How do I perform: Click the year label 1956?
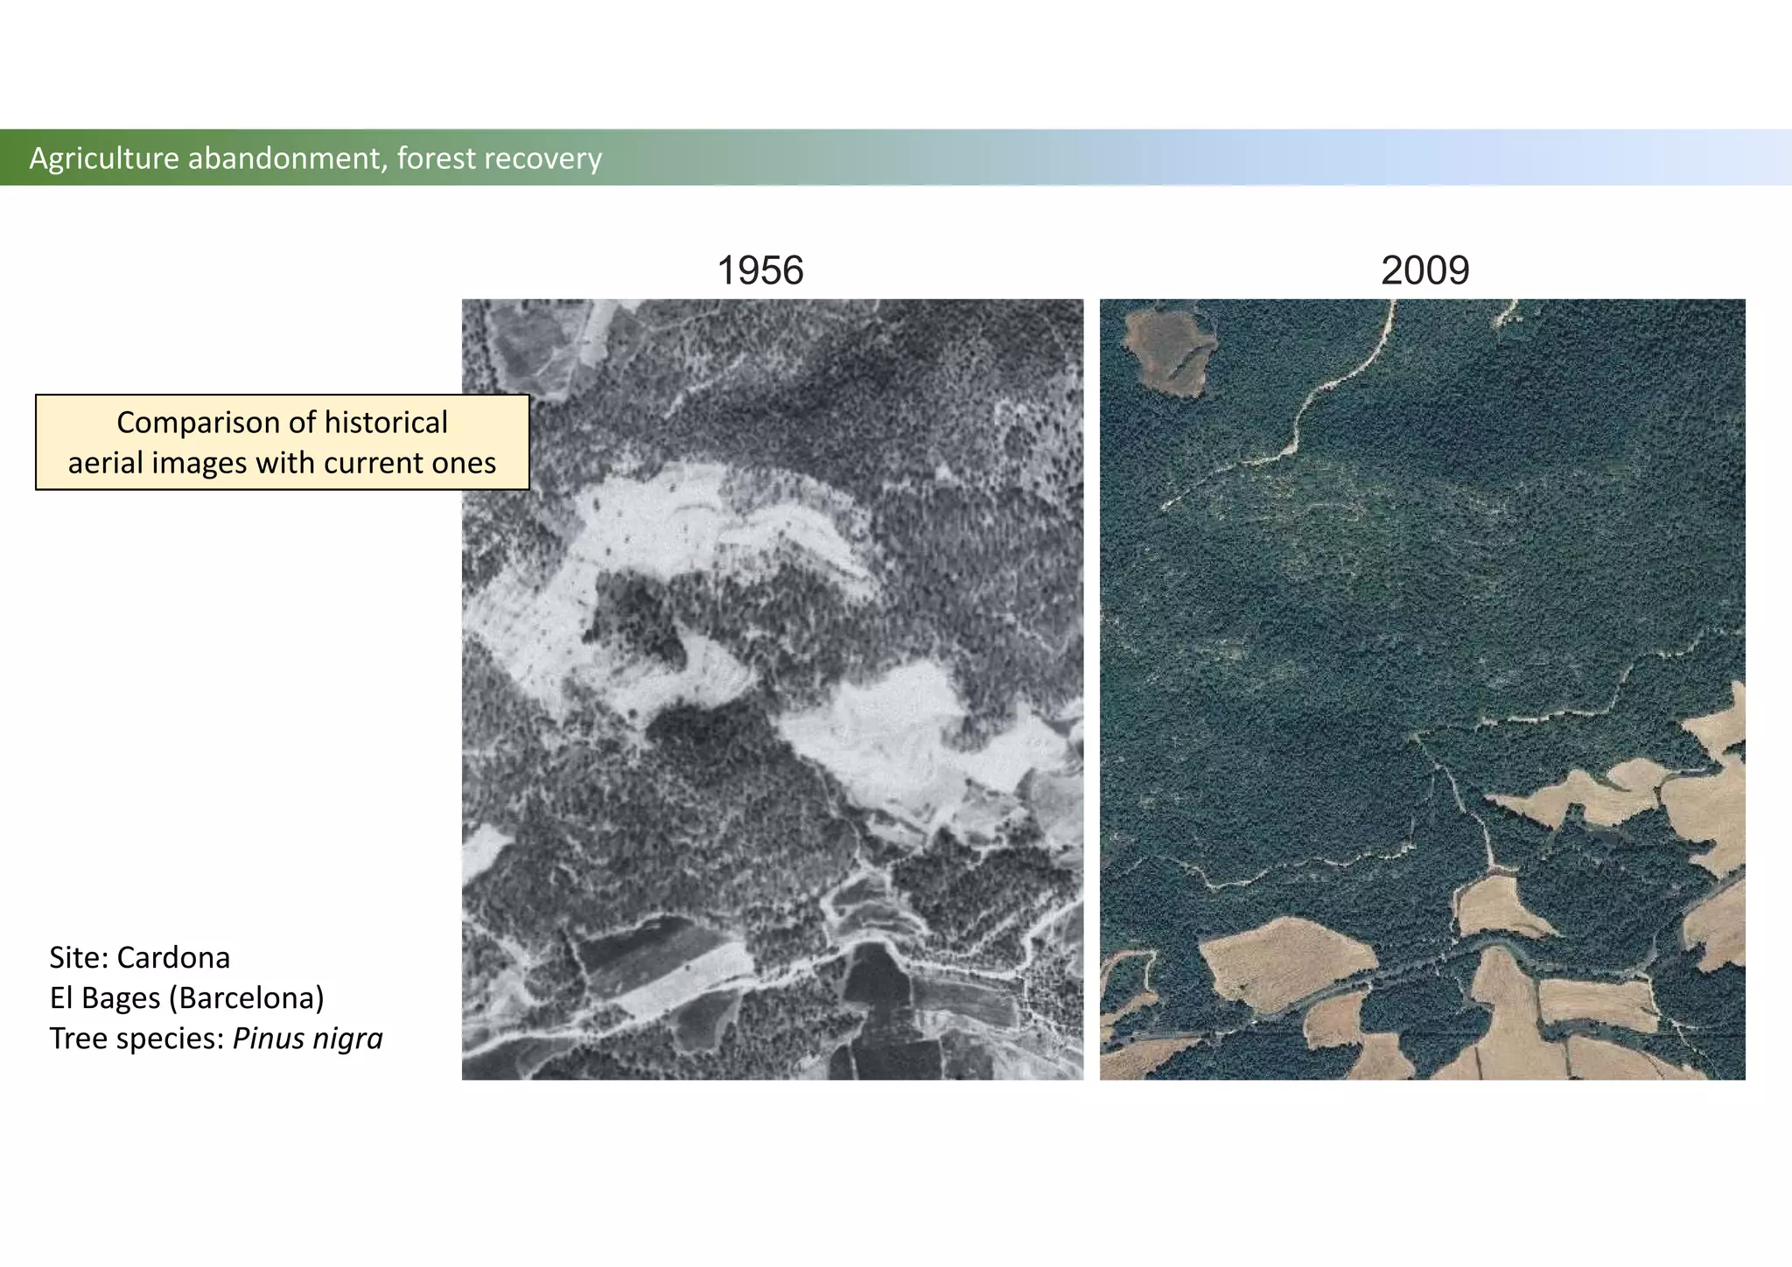[x=759, y=270]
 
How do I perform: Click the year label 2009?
[x=1424, y=270]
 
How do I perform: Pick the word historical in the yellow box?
[x=386, y=423]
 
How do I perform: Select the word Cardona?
[x=172, y=958]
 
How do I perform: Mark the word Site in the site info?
[x=75, y=958]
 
